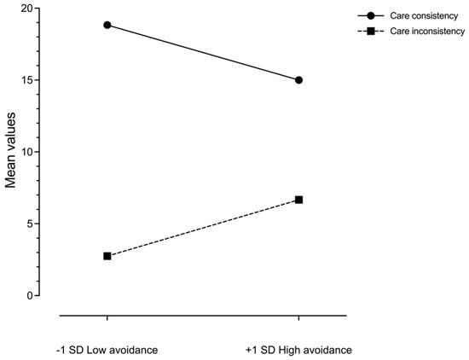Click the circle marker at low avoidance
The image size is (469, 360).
(107, 25)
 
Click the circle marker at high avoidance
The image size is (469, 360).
(298, 80)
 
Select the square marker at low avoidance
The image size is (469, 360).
(107, 256)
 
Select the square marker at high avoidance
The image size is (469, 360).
(298, 200)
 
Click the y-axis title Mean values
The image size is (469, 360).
(11, 152)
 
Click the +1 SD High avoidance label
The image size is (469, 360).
(298, 350)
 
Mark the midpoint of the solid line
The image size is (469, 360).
(203, 53)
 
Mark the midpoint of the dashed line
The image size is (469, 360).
(203, 228)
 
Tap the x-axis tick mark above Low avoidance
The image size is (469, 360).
(107, 319)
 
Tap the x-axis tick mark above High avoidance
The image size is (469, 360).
(298, 319)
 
